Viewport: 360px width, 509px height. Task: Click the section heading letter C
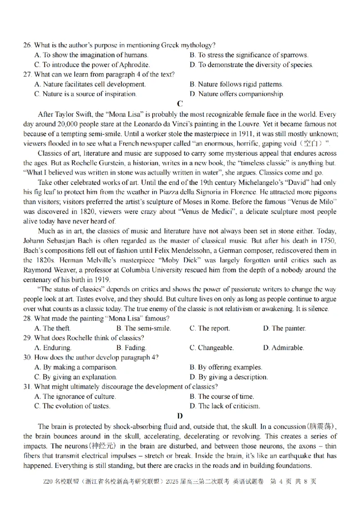pos(180,103)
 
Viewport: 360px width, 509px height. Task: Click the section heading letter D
pos(180,416)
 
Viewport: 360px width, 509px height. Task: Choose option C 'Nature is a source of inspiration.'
pos(85,94)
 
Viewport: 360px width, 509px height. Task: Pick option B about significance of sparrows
pos(249,55)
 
